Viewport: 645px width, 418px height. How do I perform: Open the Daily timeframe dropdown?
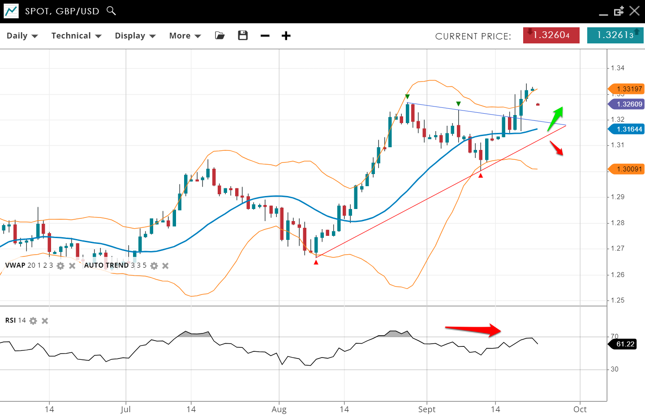click(x=22, y=36)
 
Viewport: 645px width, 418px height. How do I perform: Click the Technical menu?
click(x=76, y=36)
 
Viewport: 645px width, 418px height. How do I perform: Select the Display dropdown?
click(x=135, y=36)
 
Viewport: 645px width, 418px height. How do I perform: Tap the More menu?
click(x=185, y=36)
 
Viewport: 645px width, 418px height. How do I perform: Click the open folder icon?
click(x=219, y=35)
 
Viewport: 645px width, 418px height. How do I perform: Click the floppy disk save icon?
click(x=243, y=35)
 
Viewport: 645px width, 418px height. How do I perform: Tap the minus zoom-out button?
click(x=265, y=36)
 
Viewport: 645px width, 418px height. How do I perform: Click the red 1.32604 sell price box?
click(x=551, y=35)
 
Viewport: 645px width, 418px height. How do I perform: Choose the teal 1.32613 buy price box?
click(x=615, y=35)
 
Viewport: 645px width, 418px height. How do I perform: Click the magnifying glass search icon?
click(x=111, y=11)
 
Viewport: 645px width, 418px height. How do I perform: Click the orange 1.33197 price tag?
click(x=628, y=89)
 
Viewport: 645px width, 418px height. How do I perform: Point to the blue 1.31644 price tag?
click(x=628, y=129)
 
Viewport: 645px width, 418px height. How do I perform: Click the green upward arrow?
click(x=555, y=119)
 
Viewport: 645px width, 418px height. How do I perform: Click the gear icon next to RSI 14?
click(x=33, y=320)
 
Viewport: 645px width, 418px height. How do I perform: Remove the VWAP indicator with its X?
click(x=72, y=266)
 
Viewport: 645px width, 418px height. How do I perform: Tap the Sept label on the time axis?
click(x=426, y=409)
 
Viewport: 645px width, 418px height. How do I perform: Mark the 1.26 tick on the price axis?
click(x=618, y=275)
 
